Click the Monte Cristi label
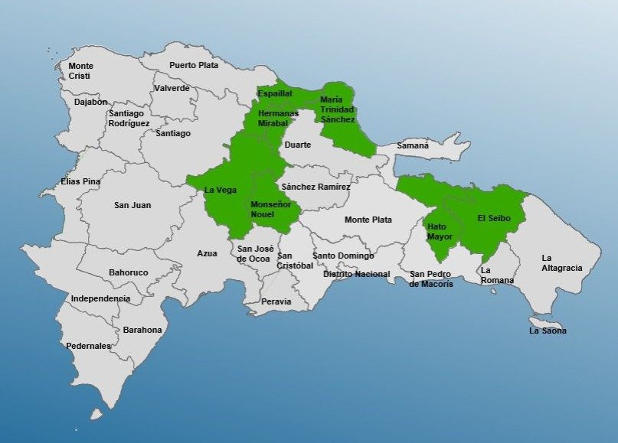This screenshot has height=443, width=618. tap(80, 71)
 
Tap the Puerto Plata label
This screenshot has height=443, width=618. tap(194, 65)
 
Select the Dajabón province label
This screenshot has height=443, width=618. tap(91, 102)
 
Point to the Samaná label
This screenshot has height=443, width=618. tap(413, 145)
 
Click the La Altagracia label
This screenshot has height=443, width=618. tap(561, 262)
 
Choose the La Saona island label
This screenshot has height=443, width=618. tap(548, 331)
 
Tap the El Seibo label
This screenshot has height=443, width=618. tap(493, 218)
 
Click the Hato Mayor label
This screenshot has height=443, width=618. tap(440, 232)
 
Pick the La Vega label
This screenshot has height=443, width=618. tap(221, 190)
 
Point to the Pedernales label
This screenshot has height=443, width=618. tap(88, 346)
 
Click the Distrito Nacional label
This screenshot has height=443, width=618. tap(356, 274)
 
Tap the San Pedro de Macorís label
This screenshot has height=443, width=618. tap(431, 279)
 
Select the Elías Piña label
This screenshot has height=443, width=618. tap(80, 181)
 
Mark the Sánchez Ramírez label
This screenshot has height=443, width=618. tap(316, 187)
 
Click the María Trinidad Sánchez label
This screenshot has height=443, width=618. tap(337, 109)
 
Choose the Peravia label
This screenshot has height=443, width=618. tap(276, 301)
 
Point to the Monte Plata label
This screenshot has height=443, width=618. tap(368, 220)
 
